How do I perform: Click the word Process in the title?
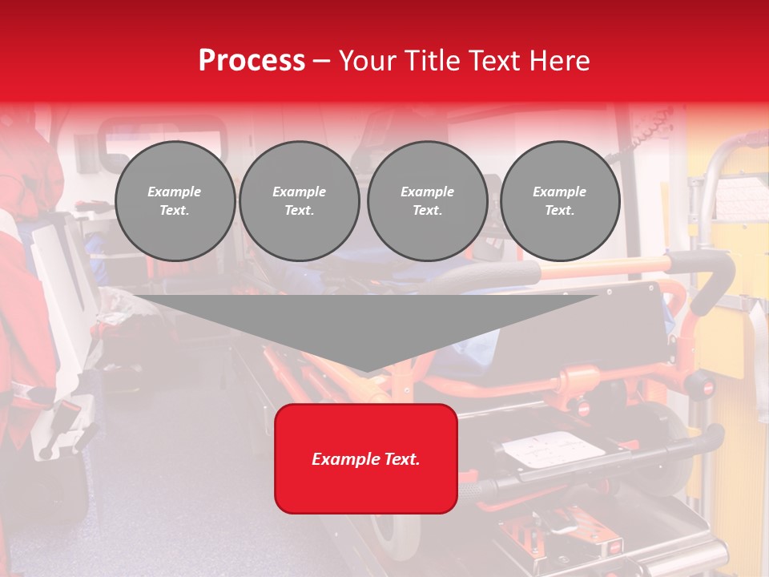coord(252,61)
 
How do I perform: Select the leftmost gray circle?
coord(175,201)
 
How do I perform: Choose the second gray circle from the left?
coord(299,201)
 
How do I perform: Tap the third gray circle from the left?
coord(427,201)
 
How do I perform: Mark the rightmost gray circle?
coord(559,201)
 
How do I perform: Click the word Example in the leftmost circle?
coord(175,192)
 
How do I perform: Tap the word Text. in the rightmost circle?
coord(559,211)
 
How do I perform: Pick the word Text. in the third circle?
coord(427,211)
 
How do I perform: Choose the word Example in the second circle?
coord(299,192)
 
